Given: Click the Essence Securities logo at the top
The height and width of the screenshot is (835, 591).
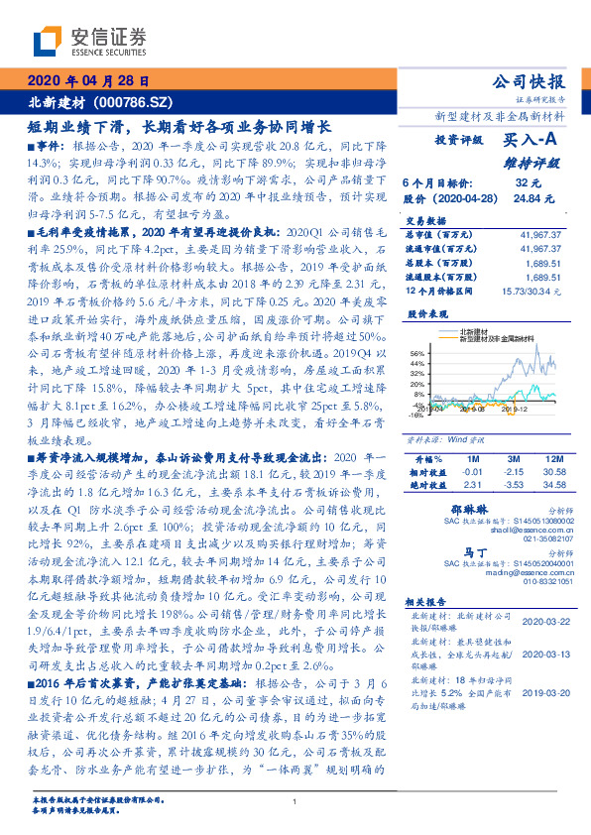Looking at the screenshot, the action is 89,41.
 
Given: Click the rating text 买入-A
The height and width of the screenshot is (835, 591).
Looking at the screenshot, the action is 525,141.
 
